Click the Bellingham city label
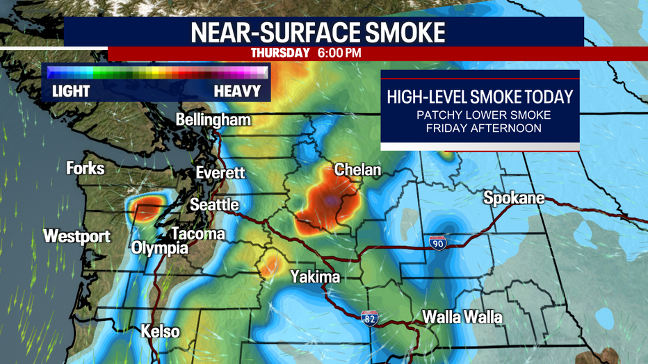pyautogui.click(x=213, y=120)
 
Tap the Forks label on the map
pyautogui.click(x=86, y=168)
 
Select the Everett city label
pyautogui.click(x=220, y=172)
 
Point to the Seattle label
pyautogui.click(x=214, y=204)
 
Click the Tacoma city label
pyautogui.click(x=197, y=233)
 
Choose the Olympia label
pyautogui.click(x=160, y=248)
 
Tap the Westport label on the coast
pyautogui.click(x=76, y=236)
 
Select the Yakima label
pyautogui.click(x=315, y=277)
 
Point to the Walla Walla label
pyautogui.click(x=462, y=317)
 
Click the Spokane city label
pyautogui.click(x=514, y=199)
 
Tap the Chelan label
pyautogui.click(x=357, y=169)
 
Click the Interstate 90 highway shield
pyautogui.click(x=438, y=242)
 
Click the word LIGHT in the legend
pyautogui.click(x=71, y=91)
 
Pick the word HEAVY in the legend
pyautogui.click(x=237, y=91)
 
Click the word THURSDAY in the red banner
pyautogui.click(x=280, y=53)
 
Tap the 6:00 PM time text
pyautogui.click(x=339, y=53)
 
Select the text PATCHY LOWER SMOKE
pyautogui.click(x=479, y=114)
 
